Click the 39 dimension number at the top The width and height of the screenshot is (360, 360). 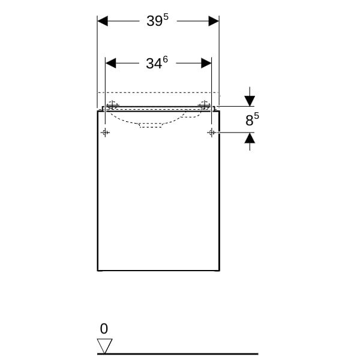point(155,21)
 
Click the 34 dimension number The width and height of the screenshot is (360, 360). point(154,64)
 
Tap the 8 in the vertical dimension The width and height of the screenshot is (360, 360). point(250,121)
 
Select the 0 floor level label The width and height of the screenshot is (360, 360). point(104,329)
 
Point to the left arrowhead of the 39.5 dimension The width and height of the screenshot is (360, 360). point(103,21)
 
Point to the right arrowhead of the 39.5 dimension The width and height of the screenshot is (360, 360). point(214,21)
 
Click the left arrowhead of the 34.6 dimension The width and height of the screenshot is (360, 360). point(110,63)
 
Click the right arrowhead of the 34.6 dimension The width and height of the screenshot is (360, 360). point(206,63)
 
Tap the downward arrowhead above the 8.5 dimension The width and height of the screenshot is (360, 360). point(250,101)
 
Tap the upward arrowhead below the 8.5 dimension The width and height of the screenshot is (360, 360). point(250,138)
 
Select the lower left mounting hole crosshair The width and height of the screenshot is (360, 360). point(105,133)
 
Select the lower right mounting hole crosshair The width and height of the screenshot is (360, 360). point(211,133)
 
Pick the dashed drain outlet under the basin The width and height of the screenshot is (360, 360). point(151,125)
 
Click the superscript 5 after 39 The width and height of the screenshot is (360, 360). point(166,17)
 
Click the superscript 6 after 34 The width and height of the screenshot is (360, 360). point(165,59)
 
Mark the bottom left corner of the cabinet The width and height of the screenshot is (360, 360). point(98,271)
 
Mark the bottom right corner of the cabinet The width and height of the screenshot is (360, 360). point(220,271)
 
